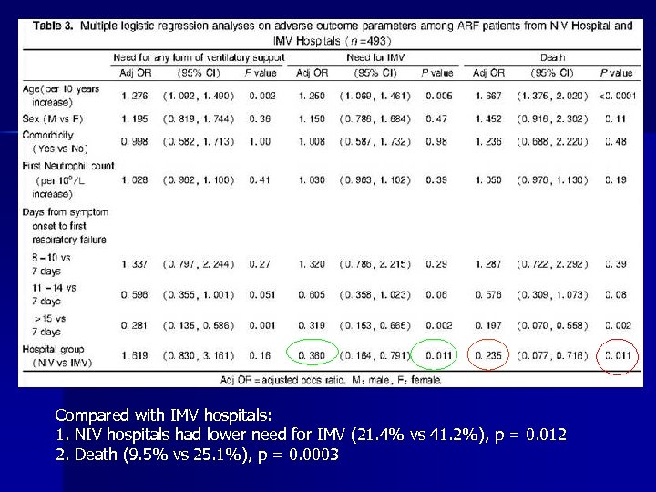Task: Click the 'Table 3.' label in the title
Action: (x=54, y=26)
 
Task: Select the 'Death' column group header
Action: (x=552, y=57)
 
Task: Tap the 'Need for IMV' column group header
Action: (x=373, y=57)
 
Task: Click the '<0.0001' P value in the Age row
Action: (x=617, y=95)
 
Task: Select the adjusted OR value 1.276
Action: (x=133, y=95)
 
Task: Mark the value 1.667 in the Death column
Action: (x=490, y=95)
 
